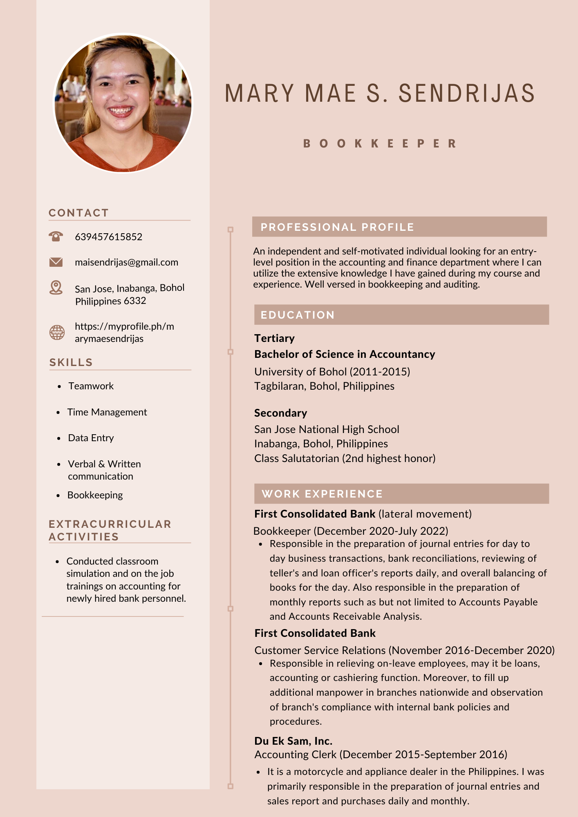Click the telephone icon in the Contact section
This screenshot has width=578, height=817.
click(x=56, y=236)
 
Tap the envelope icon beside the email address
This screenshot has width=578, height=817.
click(x=56, y=262)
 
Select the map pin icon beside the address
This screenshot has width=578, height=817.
click(x=56, y=288)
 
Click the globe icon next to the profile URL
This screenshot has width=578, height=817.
click(x=57, y=332)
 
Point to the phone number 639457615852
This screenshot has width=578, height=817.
click(x=108, y=237)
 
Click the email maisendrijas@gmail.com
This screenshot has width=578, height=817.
click(x=126, y=262)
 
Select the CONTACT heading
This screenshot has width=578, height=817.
click(x=78, y=213)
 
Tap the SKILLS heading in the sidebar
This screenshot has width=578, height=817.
click(x=71, y=362)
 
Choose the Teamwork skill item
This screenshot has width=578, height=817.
click(x=91, y=386)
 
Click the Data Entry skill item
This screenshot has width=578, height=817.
click(x=91, y=438)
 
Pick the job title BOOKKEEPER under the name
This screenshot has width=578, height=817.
click(x=380, y=144)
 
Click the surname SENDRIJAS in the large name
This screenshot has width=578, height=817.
click(x=466, y=93)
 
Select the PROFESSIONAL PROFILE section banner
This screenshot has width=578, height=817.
click(x=399, y=227)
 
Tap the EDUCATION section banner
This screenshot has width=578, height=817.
click(x=401, y=315)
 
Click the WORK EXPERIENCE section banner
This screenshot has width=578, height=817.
click(x=401, y=493)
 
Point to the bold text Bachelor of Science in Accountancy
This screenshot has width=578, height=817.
click(x=345, y=354)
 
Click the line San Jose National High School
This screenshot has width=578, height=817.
click(x=327, y=429)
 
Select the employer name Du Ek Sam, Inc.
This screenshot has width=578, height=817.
click(x=293, y=741)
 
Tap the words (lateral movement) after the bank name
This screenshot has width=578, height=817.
click(x=425, y=514)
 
